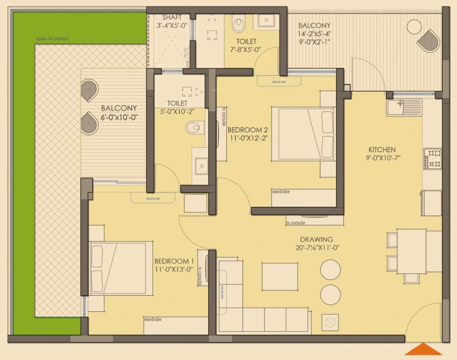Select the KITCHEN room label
click(x=381, y=150)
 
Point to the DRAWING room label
click(x=316, y=239)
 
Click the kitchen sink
click(x=404, y=107)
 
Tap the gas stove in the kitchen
click(x=432, y=158)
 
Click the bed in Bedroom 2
click(x=303, y=134)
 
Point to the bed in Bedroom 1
click(x=121, y=268)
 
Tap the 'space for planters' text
click(x=52, y=39)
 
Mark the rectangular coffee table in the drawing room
click(x=280, y=277)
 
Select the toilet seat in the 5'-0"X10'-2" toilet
click(x=193, y=128)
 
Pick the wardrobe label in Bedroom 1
click(x=153, y=320)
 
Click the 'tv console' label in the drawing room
click(x=296, y=223)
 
